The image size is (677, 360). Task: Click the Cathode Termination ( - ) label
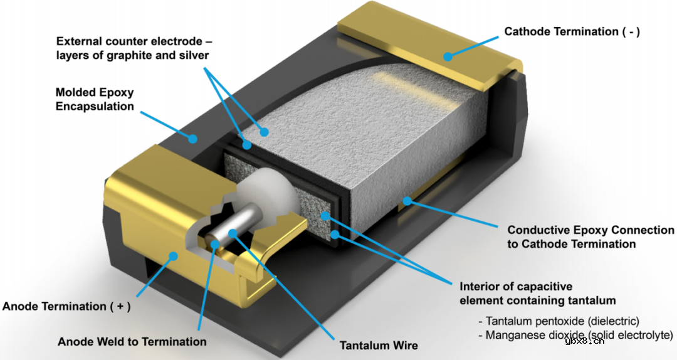[x=572, y=31]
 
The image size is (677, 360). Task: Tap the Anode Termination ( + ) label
[x=66, y=307]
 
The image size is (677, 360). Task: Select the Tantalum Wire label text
[x=379, y=346]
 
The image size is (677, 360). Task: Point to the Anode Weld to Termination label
[x=132, y=342]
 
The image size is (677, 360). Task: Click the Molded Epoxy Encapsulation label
[x=95, y=99]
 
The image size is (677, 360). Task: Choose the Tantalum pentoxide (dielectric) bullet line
[x=559, y=321]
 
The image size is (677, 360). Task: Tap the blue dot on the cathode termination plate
[x=448, y=56]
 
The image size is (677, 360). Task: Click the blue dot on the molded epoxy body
[x=193, y=139]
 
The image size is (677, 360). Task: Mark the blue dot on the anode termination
[x=173, y=257]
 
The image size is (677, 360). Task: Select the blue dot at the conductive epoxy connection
[x=407, y=201]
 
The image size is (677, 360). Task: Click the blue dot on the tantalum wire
[x=233, y=234]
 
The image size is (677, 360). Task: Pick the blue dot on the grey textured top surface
[x=264, y=132]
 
